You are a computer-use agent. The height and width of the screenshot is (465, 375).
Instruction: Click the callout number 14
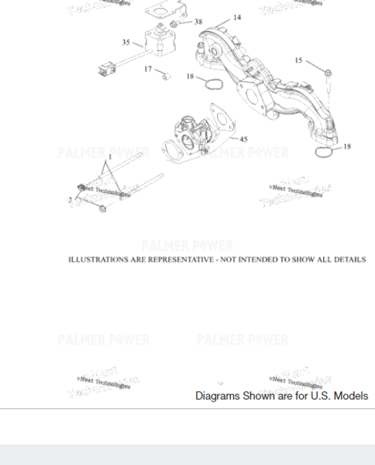236,17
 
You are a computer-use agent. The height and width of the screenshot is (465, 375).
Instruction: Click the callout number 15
298,60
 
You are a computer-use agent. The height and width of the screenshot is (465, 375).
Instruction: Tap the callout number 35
126,42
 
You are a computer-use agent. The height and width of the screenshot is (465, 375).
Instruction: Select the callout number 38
198,22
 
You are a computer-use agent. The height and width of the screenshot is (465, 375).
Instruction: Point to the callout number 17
147,69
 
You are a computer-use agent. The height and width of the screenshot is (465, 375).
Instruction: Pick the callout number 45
243,139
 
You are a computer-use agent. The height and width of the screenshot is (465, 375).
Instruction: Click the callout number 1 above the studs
110,157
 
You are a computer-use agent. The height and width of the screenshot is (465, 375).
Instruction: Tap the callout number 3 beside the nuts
70,200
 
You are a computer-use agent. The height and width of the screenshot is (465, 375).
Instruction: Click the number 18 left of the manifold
190,76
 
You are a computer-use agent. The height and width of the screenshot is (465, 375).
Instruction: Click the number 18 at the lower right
346,146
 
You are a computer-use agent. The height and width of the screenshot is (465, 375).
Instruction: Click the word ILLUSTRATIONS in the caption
98,260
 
